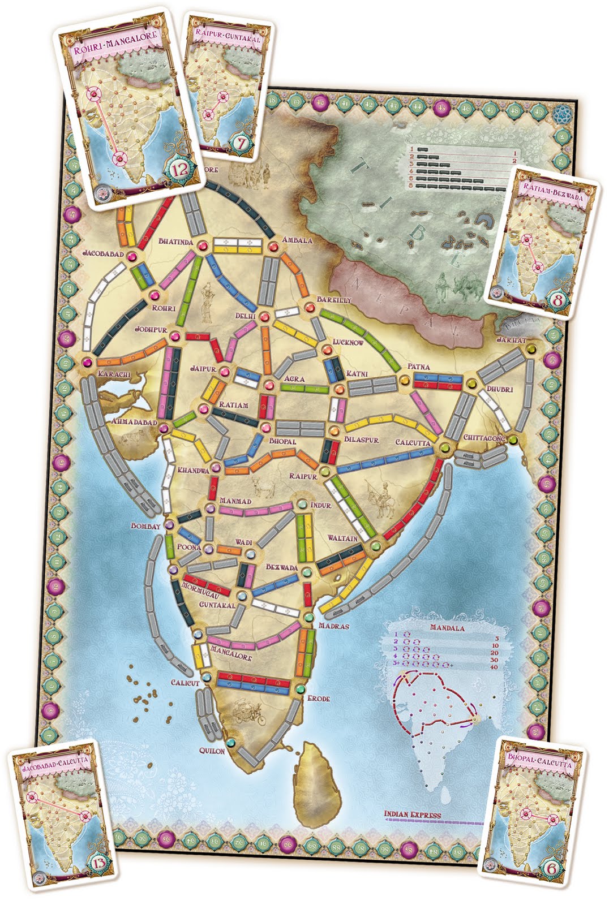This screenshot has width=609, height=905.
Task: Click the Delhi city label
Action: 246,316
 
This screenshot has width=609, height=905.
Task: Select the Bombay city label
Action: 146,526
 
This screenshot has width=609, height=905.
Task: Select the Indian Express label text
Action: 412,815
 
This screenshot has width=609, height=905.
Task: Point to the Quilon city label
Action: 212,751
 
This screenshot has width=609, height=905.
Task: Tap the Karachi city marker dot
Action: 87,362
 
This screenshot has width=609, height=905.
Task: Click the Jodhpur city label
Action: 149,329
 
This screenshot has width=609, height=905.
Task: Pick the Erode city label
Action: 318,699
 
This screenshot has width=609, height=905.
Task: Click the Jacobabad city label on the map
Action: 102,254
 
